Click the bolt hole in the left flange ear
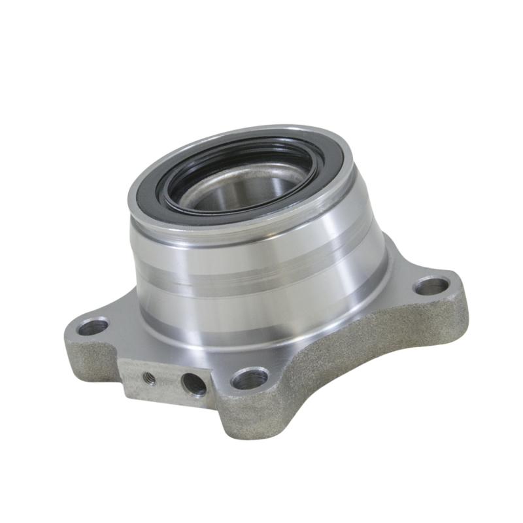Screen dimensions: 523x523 [x=92, y=326]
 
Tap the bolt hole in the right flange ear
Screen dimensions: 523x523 [x=432, y=286]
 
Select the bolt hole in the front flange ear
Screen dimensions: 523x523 [x=250, y=378]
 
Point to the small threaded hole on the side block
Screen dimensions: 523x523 [x=149, y=378]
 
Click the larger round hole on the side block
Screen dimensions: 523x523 [x=194, y=384]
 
